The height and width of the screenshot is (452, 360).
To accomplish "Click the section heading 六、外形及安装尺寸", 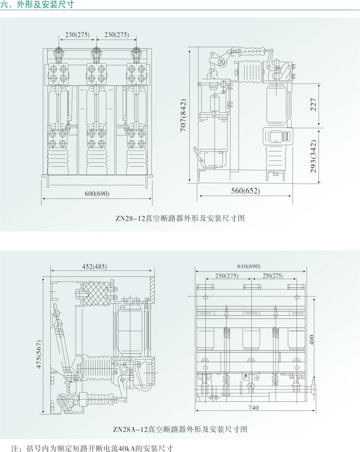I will (37, 5).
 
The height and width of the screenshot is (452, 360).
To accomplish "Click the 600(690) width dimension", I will (97, 193).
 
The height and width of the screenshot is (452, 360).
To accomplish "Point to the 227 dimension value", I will (314, 106).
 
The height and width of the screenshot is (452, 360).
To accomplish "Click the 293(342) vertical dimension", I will (314, 156).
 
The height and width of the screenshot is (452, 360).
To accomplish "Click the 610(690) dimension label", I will (249, 266).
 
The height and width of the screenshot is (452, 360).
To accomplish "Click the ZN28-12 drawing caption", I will (180, 218).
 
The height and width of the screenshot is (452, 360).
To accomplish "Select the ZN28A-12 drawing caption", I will (180, 429).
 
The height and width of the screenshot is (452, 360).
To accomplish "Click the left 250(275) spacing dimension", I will (228, 276).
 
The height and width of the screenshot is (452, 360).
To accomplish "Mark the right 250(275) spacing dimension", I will (271, 276).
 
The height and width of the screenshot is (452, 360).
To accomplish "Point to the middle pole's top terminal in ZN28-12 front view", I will (97, 53).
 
